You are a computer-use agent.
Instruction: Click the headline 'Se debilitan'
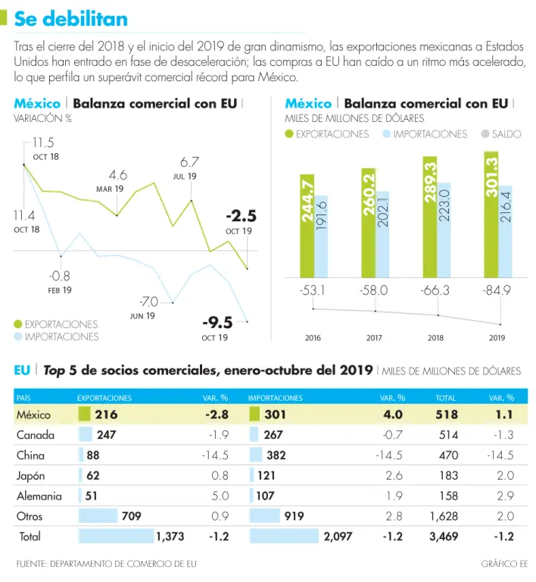click(71, 18)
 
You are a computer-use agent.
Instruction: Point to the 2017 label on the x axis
click(374, 338)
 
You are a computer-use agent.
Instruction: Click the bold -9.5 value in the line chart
click(217, 322)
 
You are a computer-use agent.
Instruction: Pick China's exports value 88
click(93, 455)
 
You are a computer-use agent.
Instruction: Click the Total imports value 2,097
click(338, 537)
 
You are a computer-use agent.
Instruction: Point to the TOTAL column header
click(446, 397)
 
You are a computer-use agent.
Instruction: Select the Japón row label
click(31, 476)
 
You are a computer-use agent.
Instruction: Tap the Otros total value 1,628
click(443, 516)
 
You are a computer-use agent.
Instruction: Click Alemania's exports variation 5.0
click(220, 496)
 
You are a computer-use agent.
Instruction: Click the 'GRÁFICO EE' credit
click(504, 564)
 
